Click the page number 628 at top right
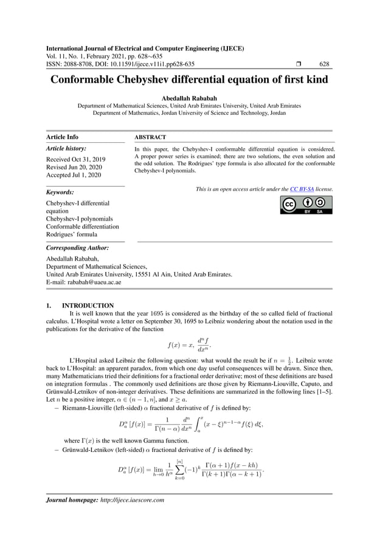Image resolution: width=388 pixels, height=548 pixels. tap(324, 64)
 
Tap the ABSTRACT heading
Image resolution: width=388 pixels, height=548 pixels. tap(150, 137)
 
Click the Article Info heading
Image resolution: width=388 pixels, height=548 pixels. tap(62, 137)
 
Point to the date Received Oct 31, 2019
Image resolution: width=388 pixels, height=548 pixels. tap(75, 159)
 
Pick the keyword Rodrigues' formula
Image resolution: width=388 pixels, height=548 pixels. tap(71, 235)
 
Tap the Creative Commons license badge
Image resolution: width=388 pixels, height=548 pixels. tap(307, 205)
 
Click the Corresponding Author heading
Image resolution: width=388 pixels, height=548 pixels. tap(77, 248)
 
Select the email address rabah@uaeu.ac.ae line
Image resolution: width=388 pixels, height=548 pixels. tap(83, 283)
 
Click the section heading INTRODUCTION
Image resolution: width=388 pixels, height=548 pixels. tap(88, 305)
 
